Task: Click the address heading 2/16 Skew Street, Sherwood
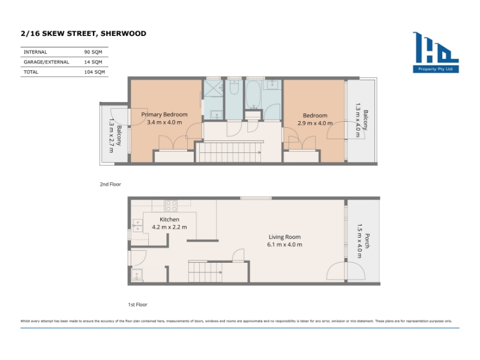(x=83, y=34)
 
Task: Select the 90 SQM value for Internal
(x=93, y=52)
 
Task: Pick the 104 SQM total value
(x=94, y=72)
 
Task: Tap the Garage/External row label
(x=46, y=62)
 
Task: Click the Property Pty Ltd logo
(x=436, y=52)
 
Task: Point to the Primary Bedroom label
(x=164, y=115)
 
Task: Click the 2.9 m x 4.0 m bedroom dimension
(x=315, y=123)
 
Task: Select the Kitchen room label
(x=169, y=220)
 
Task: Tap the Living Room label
(x=284, y=237)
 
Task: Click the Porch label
(x=367, y=241)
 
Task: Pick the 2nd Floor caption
(x=110, y=184)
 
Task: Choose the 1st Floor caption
(x=137, y=305)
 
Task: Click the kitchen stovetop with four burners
(x=171, y=206)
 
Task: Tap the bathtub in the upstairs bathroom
(x=253, y=95)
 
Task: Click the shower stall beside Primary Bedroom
(x=214, y=88)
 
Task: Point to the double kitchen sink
(x=137, y=226)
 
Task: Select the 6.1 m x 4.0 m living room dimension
(x=284, y=245)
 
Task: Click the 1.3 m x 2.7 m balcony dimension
(x=111, y=136)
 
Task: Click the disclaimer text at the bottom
(x=236, y=321)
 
